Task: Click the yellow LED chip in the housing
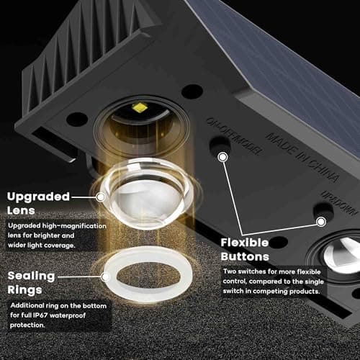tap(139, 108)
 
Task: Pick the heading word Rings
tap(25, 291)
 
